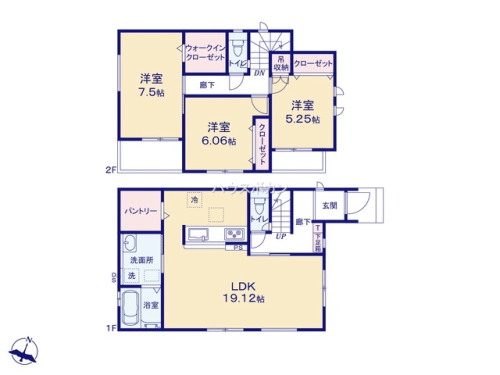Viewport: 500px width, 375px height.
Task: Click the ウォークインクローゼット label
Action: pyautogui.click(x=205, y=52)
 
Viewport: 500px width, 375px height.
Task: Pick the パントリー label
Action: pyautogui.click(x=140, y=211)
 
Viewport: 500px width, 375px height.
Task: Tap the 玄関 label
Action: pyautogui.click(x=329, y=205)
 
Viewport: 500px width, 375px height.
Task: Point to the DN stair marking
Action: pyautogui.click(x=258, y=73)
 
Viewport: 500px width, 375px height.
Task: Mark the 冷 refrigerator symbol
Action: pyautogui.click(x=194, y=199)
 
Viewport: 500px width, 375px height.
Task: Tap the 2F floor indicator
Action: pyautogui.click(x=110, y=169)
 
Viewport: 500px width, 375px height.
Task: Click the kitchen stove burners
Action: pyautogui.click(x=234, y=233)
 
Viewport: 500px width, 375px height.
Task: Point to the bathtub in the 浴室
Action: pyautogui.click(x=129, y=308)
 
